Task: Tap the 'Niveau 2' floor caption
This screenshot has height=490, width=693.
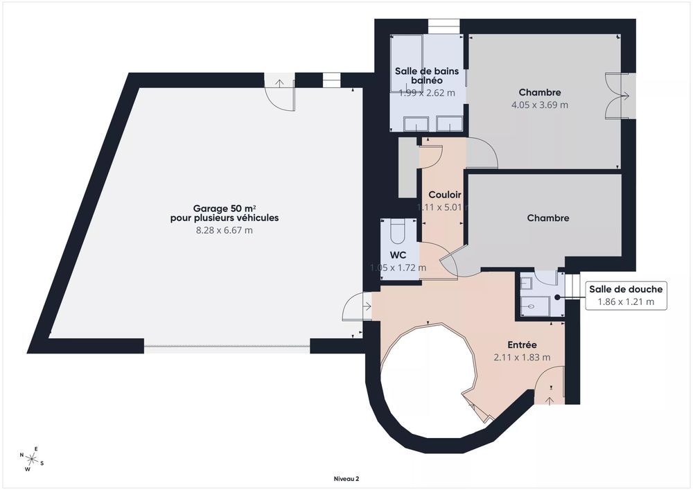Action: [x=346, y=478]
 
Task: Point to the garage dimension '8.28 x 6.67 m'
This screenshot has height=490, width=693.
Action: [x=225, y=230]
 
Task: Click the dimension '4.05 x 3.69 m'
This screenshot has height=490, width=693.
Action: [x=539, y=105]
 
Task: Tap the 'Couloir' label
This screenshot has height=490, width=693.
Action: [x=445, y=195]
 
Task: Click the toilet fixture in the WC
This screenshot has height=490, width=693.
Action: [x=398, y=229]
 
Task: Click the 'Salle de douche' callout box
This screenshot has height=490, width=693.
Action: [x=626, y=295]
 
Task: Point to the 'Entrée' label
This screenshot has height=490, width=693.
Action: [x=521, y=344]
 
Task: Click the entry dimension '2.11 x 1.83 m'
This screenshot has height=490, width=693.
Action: [x=521, y=358]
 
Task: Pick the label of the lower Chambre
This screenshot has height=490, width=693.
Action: [x=547, y=218]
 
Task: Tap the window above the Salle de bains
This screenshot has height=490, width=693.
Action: [x=439, y=26]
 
